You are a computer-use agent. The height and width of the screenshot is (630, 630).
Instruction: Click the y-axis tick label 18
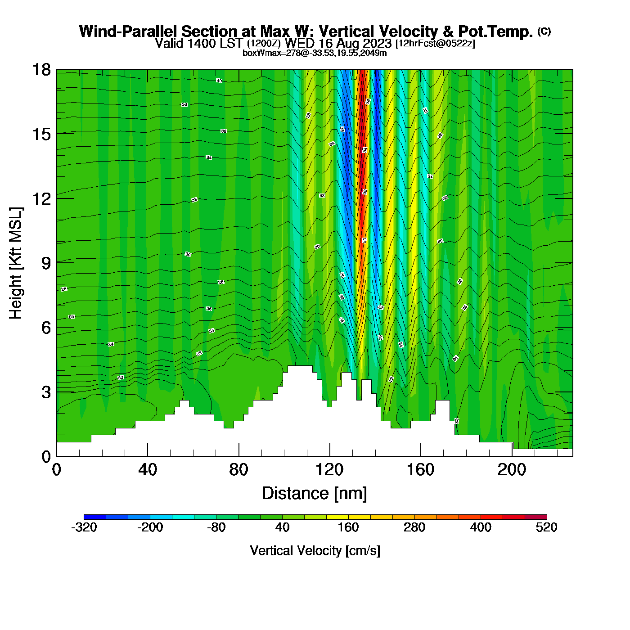(41, 70)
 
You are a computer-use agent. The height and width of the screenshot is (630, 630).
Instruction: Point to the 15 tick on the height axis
(41, 134)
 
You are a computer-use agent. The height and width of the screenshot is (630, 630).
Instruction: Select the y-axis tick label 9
(46, 263)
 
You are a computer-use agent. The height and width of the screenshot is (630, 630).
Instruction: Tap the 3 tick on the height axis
(46, 392)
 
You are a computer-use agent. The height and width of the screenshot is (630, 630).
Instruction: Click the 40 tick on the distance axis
(148, 470)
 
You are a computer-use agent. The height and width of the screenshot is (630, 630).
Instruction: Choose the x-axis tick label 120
(329, 470)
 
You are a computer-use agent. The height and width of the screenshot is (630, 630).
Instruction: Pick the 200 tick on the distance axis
(512, 470)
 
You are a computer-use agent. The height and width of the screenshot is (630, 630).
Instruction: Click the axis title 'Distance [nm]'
(315, 494)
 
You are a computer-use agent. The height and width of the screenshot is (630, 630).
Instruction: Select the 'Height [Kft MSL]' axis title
(16, 263)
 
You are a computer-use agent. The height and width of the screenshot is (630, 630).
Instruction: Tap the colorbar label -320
(84, 527)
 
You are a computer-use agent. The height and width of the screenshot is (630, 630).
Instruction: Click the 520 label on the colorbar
(547, 527)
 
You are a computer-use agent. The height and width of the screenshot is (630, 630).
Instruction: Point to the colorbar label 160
(348, 527)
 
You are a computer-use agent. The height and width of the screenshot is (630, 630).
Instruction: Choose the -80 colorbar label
(216, 527)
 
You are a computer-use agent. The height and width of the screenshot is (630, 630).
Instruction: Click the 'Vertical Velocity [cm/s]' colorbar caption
(315, 551)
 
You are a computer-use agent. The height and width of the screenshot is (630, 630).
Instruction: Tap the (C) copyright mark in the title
(544, 31)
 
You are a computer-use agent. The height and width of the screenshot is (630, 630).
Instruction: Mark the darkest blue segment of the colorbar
(95, 517)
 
